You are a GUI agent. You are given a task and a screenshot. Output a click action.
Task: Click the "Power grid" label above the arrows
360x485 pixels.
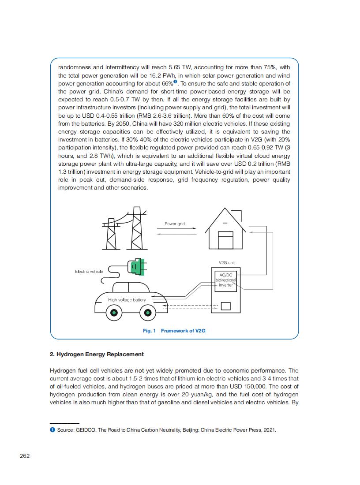click(x=175, y=224)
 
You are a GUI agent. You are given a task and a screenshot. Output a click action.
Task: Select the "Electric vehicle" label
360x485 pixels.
click(x=89, y=272)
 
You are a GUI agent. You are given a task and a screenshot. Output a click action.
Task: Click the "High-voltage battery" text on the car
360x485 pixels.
click(x=127, y=300)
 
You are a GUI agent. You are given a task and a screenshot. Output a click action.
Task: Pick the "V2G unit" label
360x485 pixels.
click(x=227, y=263)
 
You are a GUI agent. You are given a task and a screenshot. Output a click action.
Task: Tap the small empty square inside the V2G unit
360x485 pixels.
click(x=226, y=306)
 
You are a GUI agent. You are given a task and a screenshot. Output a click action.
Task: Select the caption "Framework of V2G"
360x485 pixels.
click(x=183, y=331)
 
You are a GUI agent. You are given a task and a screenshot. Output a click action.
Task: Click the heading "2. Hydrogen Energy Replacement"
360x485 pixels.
click(x=97, y=354)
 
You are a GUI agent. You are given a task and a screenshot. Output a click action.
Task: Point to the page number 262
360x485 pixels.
click(x=25, y=456)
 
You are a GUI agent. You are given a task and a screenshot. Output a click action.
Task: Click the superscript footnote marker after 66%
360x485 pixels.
click(x=175, y=82)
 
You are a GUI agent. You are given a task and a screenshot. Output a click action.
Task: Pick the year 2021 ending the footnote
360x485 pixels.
click(x=269, y=430)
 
